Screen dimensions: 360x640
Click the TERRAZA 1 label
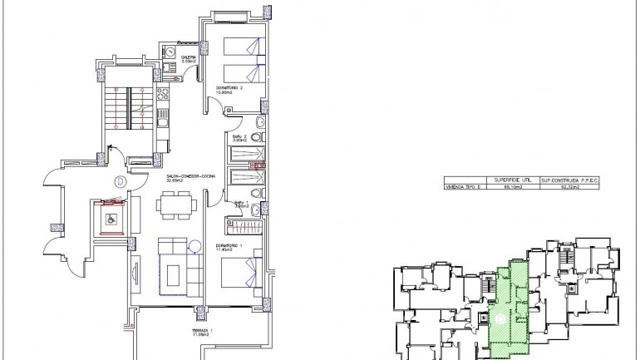coord(200,332)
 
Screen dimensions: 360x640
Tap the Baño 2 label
coord(241,137)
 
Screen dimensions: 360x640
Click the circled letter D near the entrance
coord(121,180)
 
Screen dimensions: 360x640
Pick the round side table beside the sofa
coord(194,244)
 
